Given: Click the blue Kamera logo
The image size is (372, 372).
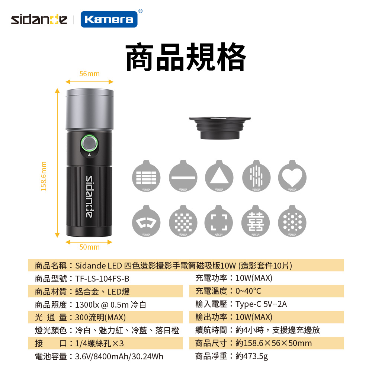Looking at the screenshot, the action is point(109,19).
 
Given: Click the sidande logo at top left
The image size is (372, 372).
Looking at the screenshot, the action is point(39,20).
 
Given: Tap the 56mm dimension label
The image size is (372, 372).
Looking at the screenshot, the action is point(89,74).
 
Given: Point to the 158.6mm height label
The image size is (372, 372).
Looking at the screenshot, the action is point(44,176).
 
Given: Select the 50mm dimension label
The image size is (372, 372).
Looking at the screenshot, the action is point(89,247).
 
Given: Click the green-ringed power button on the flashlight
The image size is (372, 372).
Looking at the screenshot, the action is point(89,143).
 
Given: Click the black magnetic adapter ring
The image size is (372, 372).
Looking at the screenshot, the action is point(220,128).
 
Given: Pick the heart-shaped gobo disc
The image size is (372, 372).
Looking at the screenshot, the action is point(292,176).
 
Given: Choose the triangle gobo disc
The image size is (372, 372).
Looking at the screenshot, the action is point(219,176).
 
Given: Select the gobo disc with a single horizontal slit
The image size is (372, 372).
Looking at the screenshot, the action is point(183,176).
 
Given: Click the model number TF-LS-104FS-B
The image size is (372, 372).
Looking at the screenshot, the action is point(102,279).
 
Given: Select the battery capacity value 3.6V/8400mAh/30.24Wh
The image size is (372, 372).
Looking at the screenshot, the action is point(119,356).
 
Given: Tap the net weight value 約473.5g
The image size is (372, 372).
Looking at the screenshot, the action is point(252,356).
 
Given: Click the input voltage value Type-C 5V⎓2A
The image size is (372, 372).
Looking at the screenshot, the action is point(261,304).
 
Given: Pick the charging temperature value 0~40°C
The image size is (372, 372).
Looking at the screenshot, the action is point(248,291).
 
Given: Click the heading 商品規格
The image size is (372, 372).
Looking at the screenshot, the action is point(186,57).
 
